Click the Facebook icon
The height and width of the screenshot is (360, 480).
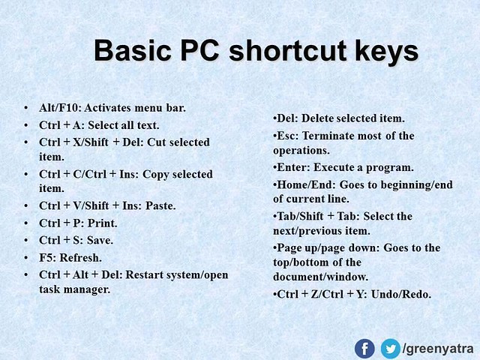tap(364, 349)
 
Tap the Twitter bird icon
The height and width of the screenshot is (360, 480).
tap(390, 349)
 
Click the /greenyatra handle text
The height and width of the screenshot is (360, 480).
tap(438, 349)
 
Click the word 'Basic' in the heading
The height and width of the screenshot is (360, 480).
tap(132, 50)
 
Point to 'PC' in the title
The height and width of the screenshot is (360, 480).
tap(199, 50)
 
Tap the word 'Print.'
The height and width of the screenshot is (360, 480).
tap(103, 223)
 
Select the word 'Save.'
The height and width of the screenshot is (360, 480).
tap(100, 240)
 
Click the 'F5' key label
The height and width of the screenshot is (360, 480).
tap(46, 258)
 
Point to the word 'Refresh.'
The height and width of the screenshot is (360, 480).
tap(80, 258)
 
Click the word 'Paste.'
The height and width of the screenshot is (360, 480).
tap(160, 205)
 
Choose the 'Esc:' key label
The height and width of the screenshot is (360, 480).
tap(287, 136)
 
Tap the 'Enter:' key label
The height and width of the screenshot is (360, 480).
tap(293, 167)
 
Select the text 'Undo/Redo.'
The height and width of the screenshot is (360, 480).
tap(401, 295)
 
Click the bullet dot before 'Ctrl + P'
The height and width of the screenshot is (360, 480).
tap(26, 223)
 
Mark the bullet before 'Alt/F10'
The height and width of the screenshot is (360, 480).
tap(26, 108)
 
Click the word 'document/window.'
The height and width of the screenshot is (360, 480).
tap(320, 277)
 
